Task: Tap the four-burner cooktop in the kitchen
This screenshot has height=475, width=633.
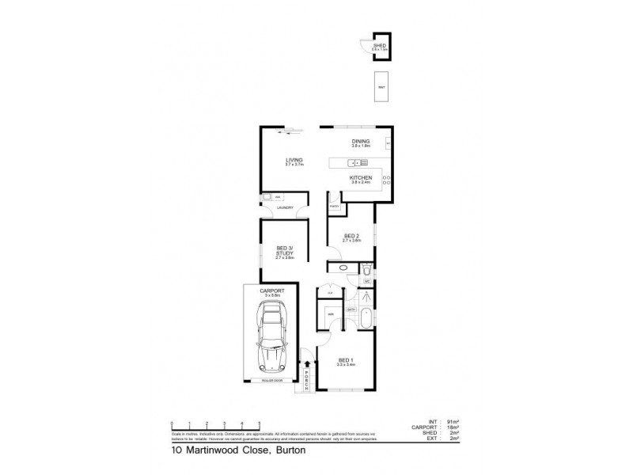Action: (387, 179)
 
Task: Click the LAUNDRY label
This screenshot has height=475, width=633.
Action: (286, 208)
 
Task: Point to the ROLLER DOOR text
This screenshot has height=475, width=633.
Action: (271, 381)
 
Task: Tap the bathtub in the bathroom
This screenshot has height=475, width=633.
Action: (365, 320)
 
